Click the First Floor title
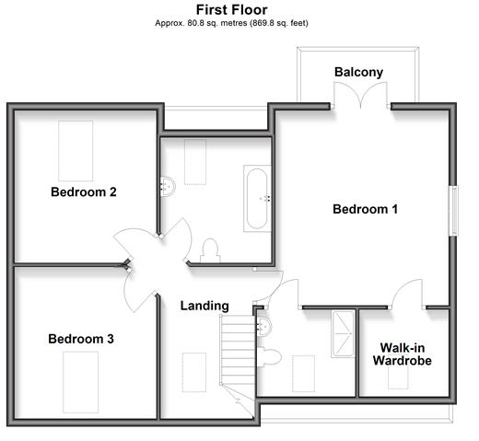(x=231, y=10)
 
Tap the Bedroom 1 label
(x=365, y=209)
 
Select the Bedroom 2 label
(x=84, y=192)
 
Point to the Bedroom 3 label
(x=81, y=339)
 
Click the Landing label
(x=204, y=306)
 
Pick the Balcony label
(x=358, y=73)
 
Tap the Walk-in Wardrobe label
(x=403, y=354)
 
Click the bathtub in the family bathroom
(x=257, y=199)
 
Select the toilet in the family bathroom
(x=210, y=250)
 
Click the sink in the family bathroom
(x=168, y=186)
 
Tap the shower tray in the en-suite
(x=343, y=334)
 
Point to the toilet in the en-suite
(x=269, y=357)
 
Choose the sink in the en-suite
(x=264, y=327)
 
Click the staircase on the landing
(x=238, y=350)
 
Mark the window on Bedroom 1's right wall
(x=454, y=211)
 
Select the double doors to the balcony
(x=360, y=95)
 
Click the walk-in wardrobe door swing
(x=407, y=294)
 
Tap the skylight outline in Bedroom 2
(x=76, y=151)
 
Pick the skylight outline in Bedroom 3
(x=81, y=382)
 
